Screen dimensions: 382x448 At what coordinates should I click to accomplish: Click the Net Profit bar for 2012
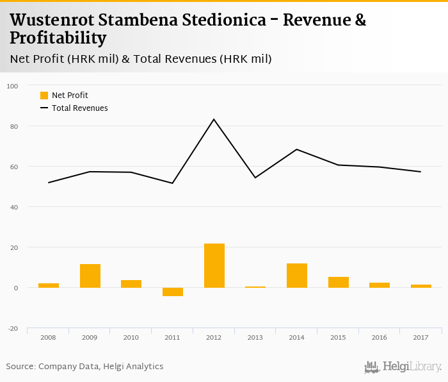pyautogui.click(x=214, y=265)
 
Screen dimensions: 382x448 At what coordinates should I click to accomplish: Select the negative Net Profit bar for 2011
pyautogui.click(x=173, y=292)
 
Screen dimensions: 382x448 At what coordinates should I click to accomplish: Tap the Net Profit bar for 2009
pyautogui.click(x=90, y=276)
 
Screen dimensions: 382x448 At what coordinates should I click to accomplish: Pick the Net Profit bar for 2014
pyautogui.click(x=297, y=276)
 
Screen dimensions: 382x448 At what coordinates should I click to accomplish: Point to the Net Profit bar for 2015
pyautogui.click(x=339, y=282)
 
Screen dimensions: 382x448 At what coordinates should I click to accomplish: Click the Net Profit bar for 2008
pyautogui.click(x=49, y=285)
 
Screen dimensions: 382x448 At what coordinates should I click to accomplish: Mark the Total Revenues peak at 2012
pyautogui.click(x=214, y=119)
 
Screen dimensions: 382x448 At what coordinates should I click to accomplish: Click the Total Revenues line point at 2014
pyautogui.click(x=297, y=149)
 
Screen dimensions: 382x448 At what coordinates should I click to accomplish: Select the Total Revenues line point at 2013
pyautogui.click(x=255, y=178)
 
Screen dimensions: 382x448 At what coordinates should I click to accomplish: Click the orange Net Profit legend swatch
pyautogui.click(x=44, y=95)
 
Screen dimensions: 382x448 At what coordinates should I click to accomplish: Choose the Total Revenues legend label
pyautogui.click(x=80, y=108)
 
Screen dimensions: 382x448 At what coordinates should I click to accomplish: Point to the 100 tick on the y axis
pyautogui.click(x=12, y=86)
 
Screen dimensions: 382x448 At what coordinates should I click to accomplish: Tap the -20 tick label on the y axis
pyautogui.click(x=12, y=328)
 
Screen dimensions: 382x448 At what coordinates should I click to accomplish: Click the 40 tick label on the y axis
pyautogui.click(x=13, y=207)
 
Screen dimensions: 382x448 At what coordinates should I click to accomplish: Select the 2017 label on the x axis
pyautogui.click(x=420, y=336)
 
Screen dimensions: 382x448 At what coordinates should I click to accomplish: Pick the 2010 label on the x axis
pyautogui.click(x=131, y=336)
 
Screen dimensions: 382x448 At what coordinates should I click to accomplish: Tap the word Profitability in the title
pyautogui.click(x=58, y=38)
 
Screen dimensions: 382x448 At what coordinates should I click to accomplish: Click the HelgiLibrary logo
pyautogui.click(x=403, y=367)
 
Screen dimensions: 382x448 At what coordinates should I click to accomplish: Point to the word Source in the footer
pyautogui.click(x=20, y=367)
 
